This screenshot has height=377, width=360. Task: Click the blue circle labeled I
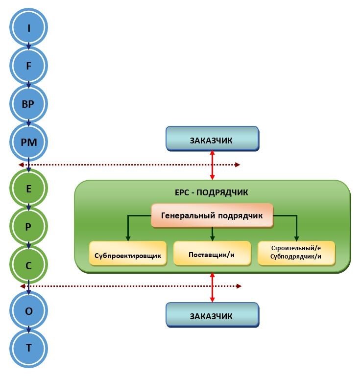[29, 28]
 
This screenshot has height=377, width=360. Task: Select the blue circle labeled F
[29, 66]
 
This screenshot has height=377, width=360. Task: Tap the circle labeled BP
[29, 104]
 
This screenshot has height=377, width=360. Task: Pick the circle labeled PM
[29, 142]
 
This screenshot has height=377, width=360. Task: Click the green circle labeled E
[29, 188]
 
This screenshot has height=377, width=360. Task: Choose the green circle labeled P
[29, 227]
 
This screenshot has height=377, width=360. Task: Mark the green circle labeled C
[29, 265]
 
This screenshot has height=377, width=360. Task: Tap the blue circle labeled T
[29, 348]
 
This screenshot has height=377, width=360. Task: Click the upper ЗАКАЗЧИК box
[212, 139]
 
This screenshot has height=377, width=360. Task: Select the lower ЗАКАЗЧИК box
[212, 314]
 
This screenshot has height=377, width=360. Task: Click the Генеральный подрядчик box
[212, 215]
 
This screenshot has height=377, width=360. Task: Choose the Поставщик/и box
[212, 254]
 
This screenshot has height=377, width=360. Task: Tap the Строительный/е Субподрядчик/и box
[296, 253]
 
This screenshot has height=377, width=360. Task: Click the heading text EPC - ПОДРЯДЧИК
[212, 191]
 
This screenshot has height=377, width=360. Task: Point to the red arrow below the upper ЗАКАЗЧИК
[212, 165]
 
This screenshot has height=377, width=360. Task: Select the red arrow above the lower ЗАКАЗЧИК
[212, 287]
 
